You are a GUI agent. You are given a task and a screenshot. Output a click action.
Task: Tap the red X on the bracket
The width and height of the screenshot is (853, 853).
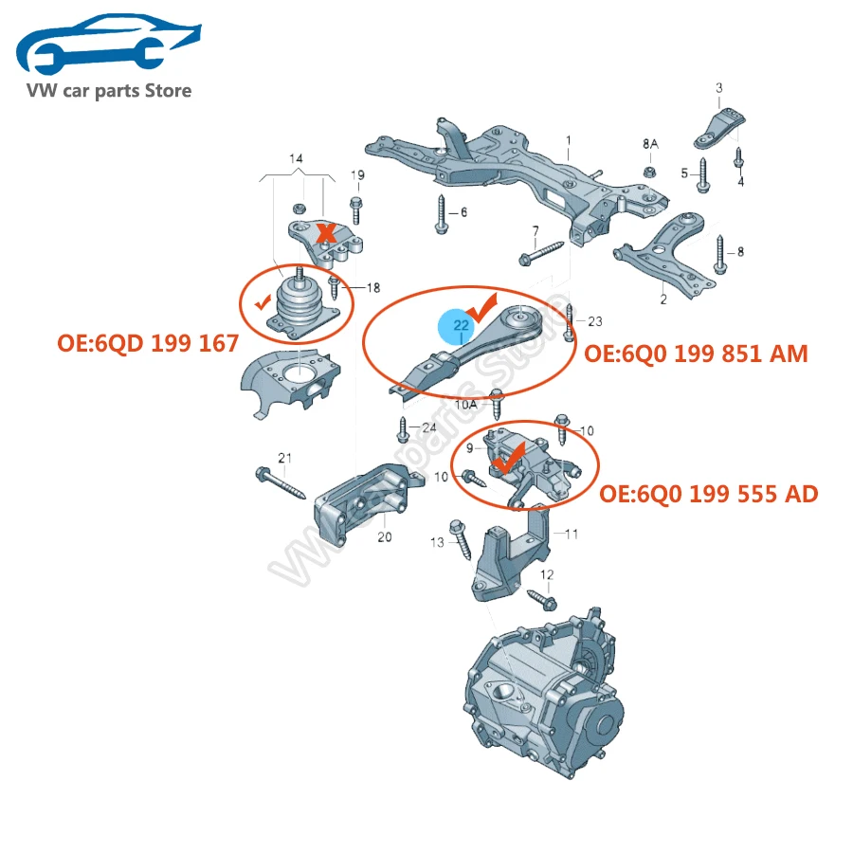[x=327, y=232]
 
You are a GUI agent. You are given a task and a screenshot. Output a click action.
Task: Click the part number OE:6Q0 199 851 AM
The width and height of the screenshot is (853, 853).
[x=696, y=354]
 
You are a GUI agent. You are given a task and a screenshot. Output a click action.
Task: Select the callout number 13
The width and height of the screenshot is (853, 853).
[x=437, y=542]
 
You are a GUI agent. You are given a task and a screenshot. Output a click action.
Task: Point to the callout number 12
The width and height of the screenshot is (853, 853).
[x=547, y=574]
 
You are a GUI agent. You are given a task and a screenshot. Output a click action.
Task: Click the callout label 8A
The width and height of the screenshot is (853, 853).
[x=650, y=144]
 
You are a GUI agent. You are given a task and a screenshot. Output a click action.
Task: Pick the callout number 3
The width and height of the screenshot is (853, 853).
[x=718, y=88]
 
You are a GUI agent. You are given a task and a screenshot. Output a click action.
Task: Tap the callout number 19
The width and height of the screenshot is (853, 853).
[x=357, y=175]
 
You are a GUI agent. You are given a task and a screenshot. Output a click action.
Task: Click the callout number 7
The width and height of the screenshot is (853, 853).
[x=535, y=230]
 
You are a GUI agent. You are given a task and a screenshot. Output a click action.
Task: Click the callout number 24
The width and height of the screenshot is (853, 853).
[x=429, y=426]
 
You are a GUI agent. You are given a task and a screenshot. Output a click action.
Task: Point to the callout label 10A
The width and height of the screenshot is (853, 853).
[x=466, y=404]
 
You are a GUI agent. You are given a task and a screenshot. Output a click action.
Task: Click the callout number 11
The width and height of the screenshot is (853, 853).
[x=571, y=534]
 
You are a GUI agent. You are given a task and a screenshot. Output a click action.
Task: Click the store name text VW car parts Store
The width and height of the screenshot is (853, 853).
[x=110, y=91]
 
